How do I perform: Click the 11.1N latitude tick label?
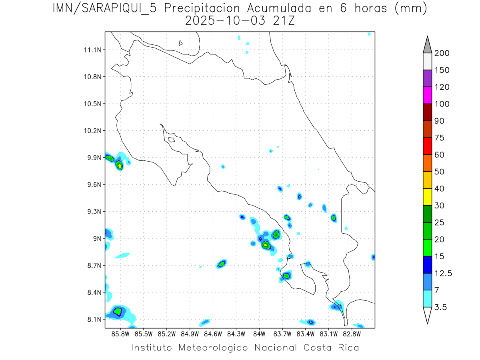click(92, 50)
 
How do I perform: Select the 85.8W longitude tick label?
click(121, 333)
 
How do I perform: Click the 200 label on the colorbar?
click(442, 53)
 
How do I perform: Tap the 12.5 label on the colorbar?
click(444, 273)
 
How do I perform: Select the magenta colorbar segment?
click(427, 95)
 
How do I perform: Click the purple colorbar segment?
click(427, 78)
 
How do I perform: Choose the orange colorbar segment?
click(427, 163)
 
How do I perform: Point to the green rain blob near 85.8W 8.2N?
click(117, 311)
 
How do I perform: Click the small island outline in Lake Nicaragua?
click(181, 43)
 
